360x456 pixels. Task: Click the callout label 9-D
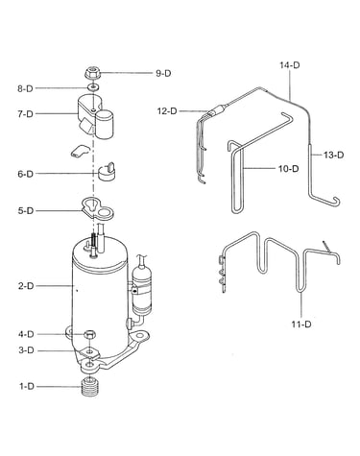point(163,73)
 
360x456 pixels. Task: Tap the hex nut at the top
point(93,73)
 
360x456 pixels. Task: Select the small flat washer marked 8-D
point(93,87)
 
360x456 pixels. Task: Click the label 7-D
point(25,113)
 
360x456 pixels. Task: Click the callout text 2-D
point(26,286)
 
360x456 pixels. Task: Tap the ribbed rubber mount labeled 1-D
point(90,387)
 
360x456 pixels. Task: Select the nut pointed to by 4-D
point(89,335)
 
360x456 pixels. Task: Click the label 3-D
point(26,350)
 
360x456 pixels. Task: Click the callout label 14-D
point(290,65)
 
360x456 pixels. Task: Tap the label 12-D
point(167,111)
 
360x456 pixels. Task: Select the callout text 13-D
point(333,155)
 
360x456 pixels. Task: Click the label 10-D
point(288,168)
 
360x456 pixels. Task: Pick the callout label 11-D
point(301,324)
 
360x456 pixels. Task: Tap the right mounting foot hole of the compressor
point(139,336)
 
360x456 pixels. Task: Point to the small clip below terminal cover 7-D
point(79,151)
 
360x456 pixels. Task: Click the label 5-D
point(26,211)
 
